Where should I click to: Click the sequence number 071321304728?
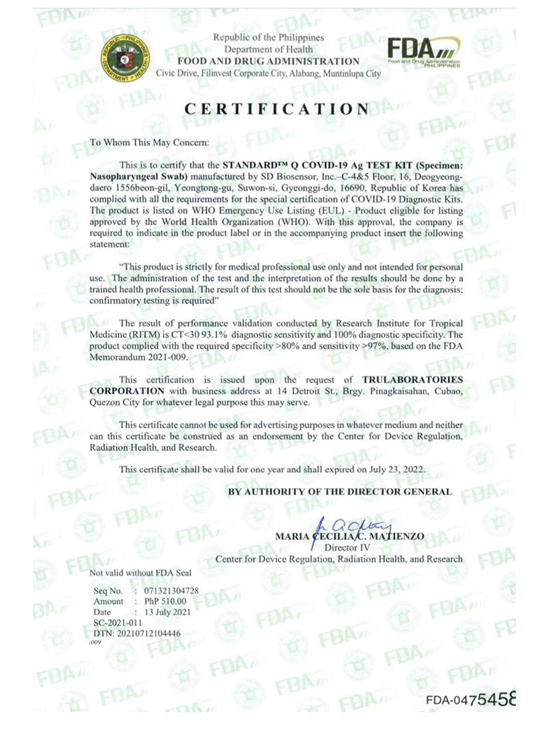[x=167, y=590]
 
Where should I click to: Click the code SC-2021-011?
[x=118, y=623]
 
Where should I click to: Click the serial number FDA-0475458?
[x=470, y=700]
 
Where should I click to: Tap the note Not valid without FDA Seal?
[x=140, y=572]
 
